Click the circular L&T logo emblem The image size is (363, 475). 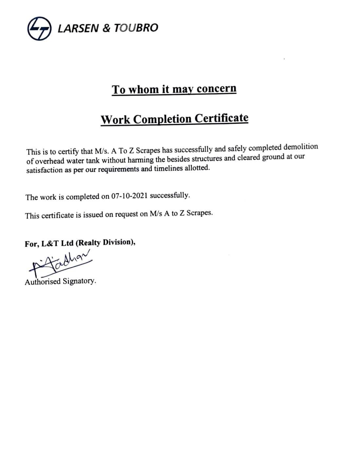click(x=39, y=28)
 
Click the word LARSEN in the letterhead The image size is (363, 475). click(x=78, y=28)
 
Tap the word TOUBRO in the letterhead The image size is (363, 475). click(x=136, y=28)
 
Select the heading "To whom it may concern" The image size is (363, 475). click(x=174, y=89)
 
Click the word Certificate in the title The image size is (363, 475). click(x=221, y=118)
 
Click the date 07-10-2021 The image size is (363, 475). click(x=129, y=196)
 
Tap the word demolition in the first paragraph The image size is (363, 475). click(x=300, y=147)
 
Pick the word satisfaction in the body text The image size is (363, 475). click(x=44, y=170)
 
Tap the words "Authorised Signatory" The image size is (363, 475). click(x=60, y=281)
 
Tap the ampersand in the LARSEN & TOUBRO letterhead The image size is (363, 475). click(x=106, y=28)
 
